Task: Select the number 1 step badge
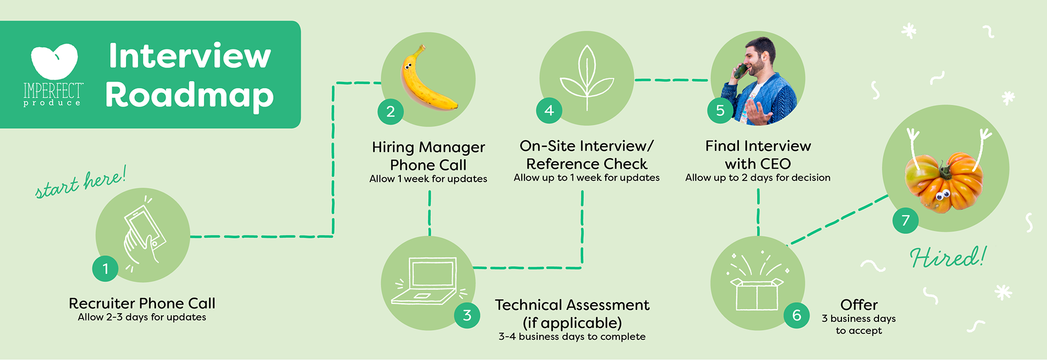pos(105,268)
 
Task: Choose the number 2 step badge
pos(390,112)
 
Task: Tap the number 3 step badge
pos(467,315)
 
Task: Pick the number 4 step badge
pos(549,111)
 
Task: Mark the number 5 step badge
pos(720,111)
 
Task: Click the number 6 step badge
pos(797,315)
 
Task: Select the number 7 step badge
pos(905,220)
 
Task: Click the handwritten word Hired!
pos(948,257)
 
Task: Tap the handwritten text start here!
pos(81,183)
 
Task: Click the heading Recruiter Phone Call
pos(142,303)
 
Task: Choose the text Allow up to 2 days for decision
pos(757,178)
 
